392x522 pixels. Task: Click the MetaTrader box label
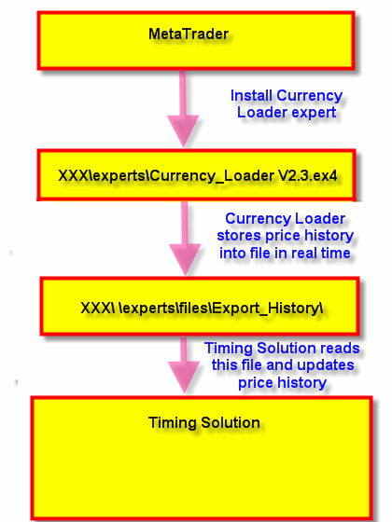point(189,34)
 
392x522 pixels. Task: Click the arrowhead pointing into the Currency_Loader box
point(183,130)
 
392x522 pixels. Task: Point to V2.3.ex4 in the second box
point(308,175)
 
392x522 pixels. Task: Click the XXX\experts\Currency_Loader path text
point(166,176)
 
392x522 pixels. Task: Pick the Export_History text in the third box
point(266,309)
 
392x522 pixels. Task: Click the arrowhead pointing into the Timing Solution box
point(184,378)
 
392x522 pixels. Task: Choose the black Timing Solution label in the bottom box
point(204,423)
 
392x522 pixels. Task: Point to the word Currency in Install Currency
point(309,96)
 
